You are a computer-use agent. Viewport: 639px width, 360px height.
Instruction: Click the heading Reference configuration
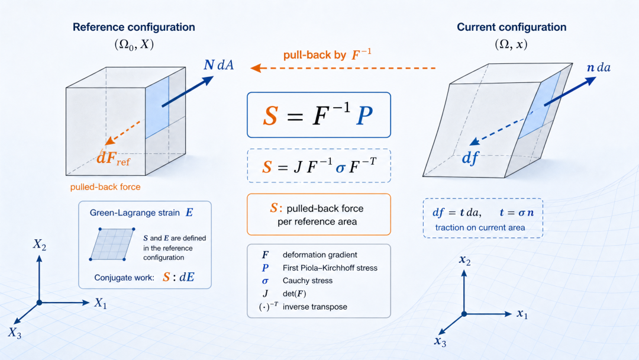pyautogui.click(x=134, y=27)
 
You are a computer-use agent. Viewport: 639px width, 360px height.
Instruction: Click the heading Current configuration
pyautogui.click(x=511, y=27)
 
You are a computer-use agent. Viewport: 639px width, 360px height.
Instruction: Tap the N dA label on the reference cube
pyautogui.click(x=219, y=65)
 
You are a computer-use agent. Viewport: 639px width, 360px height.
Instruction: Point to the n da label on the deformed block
pyautogui.click(x=598, y=67)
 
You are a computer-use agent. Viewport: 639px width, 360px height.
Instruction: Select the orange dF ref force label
pyautogui.click(x=113, y=157)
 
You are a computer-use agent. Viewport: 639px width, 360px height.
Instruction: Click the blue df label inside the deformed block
pyautogui.click(x=470, y=157)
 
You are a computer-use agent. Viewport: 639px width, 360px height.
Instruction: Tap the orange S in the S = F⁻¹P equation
pyautogui.click(x=270, y=115)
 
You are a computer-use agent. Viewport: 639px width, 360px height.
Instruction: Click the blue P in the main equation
pyautogui.click(x=364, y=115)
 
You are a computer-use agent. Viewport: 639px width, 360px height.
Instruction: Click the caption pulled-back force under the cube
pyautogui.click(x=105, y=187)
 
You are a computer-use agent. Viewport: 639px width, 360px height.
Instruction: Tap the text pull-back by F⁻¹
pyautogui.click(x=327, y=54)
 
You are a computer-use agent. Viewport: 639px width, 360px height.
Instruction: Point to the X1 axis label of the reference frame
pyautogui.click(x=100, y=303)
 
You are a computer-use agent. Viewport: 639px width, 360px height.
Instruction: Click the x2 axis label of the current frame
pyautogui.click(x=465, y=260)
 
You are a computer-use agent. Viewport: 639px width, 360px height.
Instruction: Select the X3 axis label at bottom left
pyautogui.click(x=14, y=333)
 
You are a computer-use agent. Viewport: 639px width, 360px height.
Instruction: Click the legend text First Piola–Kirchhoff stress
pyautogui.click(x=330, y=268)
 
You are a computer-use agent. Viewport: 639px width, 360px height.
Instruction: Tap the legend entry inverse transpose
pyautogui.click(x=315, y=307)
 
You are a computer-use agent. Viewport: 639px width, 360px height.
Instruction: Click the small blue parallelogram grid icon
pyautogui.click(x=112, y=244)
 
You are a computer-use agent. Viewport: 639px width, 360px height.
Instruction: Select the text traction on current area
pyautogui.click(x=480, y=227)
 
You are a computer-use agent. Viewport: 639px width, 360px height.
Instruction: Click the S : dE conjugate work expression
pyautogui.click(x=179, y=277)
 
